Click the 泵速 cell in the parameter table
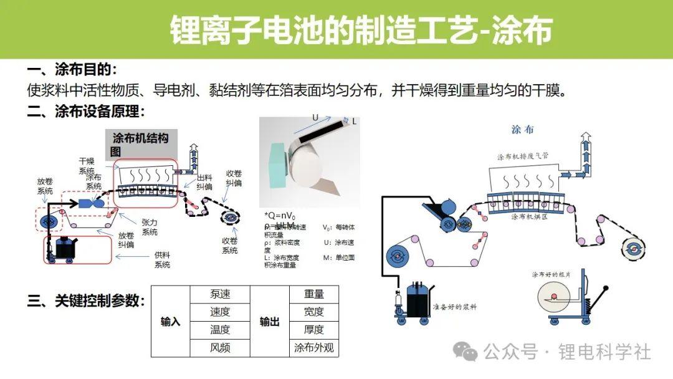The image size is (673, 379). tap(220, 294)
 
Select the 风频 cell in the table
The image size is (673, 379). tap(220, 348)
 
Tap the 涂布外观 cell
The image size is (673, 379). tap(314, 348)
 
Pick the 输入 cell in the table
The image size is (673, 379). tap(170, 321)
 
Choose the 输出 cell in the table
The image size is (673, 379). tap(269, 321)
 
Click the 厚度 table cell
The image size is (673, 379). tap(314, 330)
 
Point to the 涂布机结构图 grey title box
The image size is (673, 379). tap(140, 145)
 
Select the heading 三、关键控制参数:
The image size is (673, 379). tap(86, 302)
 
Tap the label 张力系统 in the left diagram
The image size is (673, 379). tap(150, 227)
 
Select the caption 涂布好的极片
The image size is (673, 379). tap(551, 274)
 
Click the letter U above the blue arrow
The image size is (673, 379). tap(315, 117)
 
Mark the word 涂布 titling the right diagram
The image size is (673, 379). tap(522, 129)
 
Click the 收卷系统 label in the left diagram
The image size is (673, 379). tap(229, 246)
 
